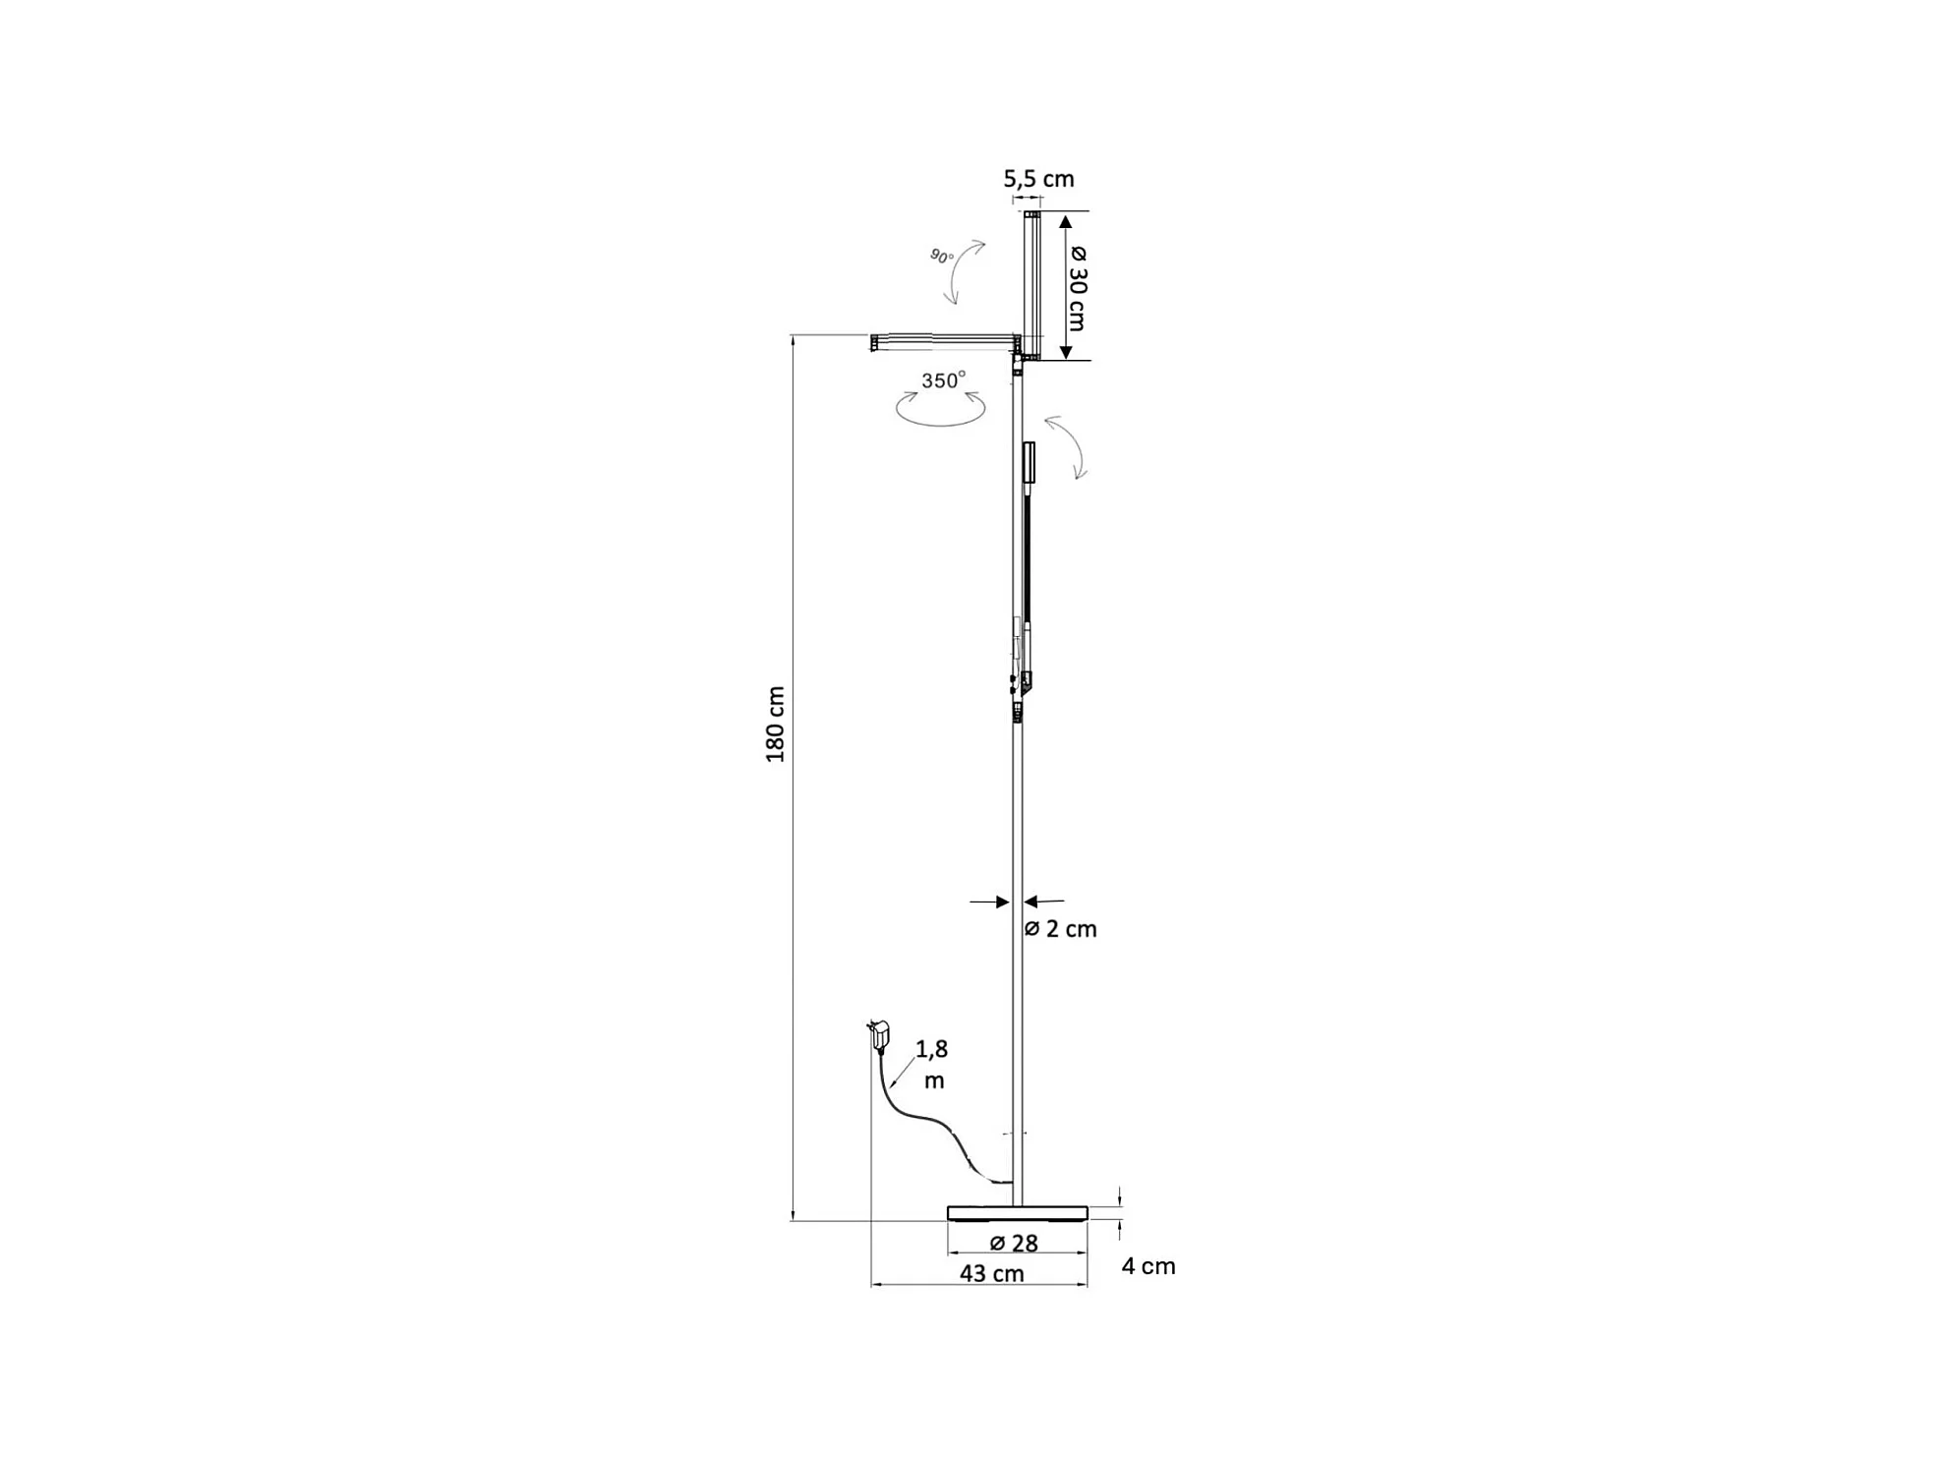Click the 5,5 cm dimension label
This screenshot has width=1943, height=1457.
pyautogui.click(x=1037, y=179)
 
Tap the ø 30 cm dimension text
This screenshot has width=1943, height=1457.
pyautogui.click(x=1078, y=287)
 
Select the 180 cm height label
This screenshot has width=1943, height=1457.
pyautogui.click(x=776, y=725)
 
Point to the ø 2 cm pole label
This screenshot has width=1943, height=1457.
pyautogui.click(x=1061, y=929)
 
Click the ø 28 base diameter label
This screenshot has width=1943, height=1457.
pyautogui.click(x=1014, y=1244)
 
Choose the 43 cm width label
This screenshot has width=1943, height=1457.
pyautogui.click(x=991, y=1274)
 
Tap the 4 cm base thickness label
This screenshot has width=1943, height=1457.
pyautogui.click(x=1148, y=1266)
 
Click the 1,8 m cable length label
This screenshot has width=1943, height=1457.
pyautogui.click(x=932, y=1064)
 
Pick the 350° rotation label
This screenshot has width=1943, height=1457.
pyautogui.click(x=943, y=380)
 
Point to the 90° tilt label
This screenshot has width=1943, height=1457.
pyautogui.click(x=941, y=257)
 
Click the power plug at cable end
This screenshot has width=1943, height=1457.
pyautogui.click(x=879, y=1034)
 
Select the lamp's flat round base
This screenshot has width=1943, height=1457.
pyautogui.click(x=1017, y=1212)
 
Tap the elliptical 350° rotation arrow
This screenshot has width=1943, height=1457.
pyautogui.click(x=940, y=411)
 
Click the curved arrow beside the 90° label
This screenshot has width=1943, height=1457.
pyautogui.click(x=964, y=271)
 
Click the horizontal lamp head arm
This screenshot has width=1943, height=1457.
pyautogui.click(x=944, y=341)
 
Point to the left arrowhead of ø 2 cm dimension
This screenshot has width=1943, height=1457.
pyautogui.click(x=1002, y=902)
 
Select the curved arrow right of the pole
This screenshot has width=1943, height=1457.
pyautogui.click(x=1068, y=445)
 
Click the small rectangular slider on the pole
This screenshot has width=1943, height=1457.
pyautogui.click(x=1029, y=462)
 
